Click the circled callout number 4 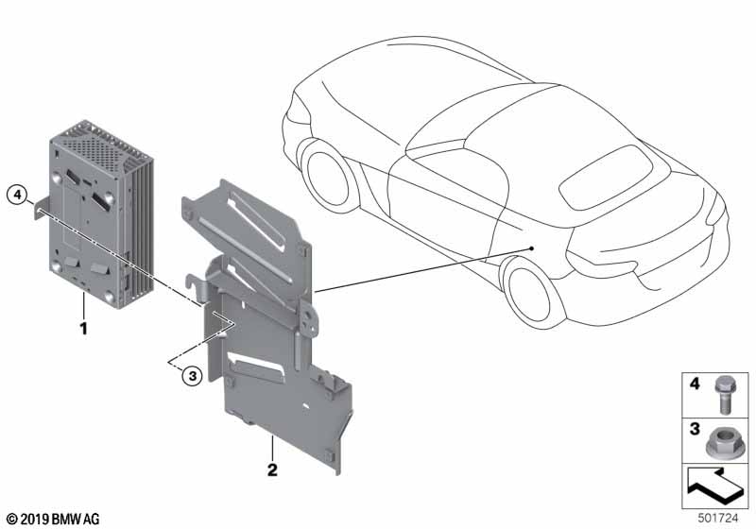coord(17,196)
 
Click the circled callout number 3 coord(193,375)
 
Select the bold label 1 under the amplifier coord(84,329)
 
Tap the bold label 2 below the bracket coord(272,469)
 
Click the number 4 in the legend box coord(695,384)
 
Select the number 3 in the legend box coord(695,428)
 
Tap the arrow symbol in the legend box coord(714,486)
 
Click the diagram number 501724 coord(718,518)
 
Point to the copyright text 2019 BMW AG coord(53,520)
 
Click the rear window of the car coord(606,177)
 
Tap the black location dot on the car coord(531,248)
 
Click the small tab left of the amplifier coord(41,207)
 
